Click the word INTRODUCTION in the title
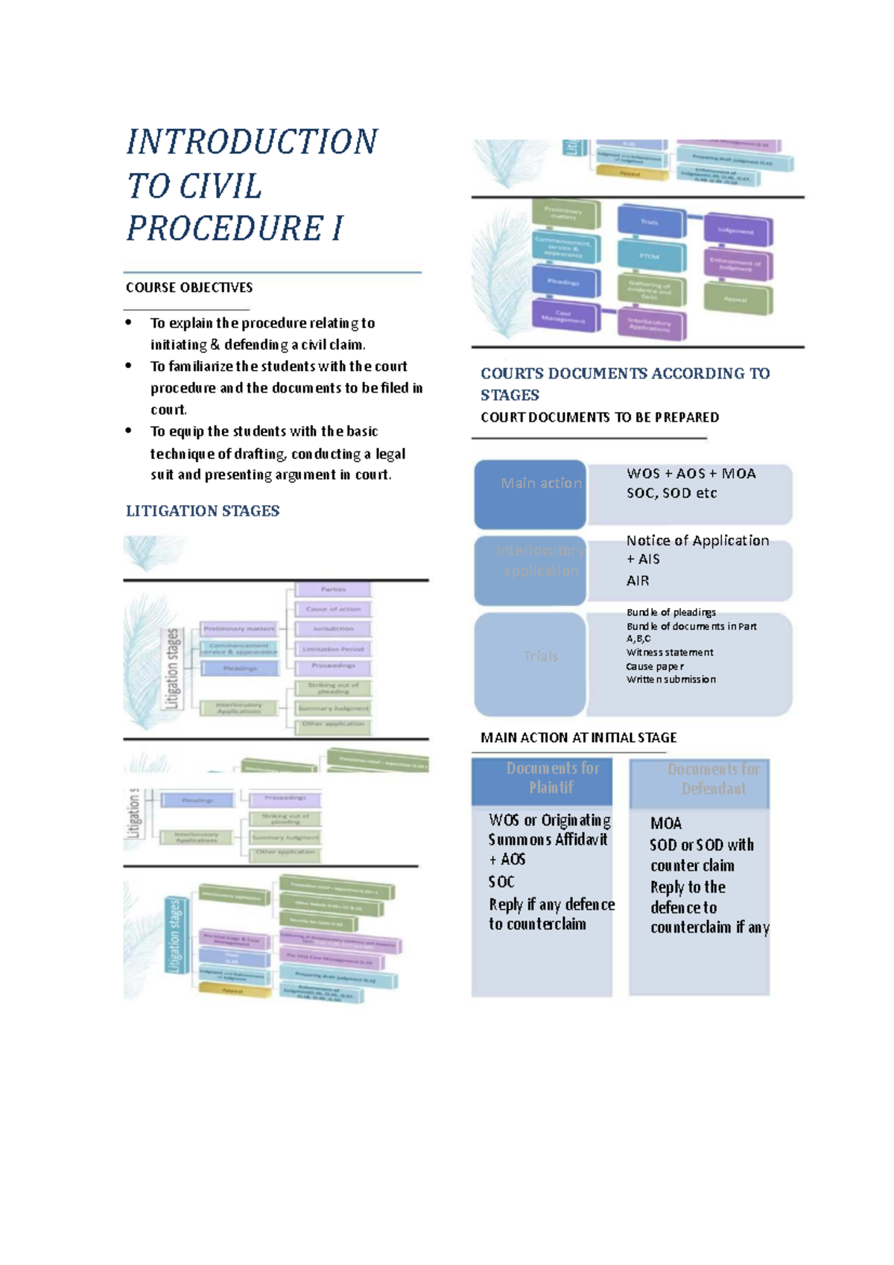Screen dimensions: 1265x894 pyautogui.click(x=252, y=142)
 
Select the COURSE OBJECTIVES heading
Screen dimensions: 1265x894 pyautogui.click(x=189, y=288)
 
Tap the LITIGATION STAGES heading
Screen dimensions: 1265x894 pyautogui.click(x=203, y=511)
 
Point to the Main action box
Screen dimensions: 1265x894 pyautogui.click(x=530, y=493)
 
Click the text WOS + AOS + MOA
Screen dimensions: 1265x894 pyautogui.click(x=691, y=474)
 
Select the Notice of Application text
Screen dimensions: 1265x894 pyautogui.click(x=697, y=541)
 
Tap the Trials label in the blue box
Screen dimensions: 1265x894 pyautogui.click(x=541, y=656)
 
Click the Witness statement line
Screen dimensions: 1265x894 pyautogui.click(x=670, y=653)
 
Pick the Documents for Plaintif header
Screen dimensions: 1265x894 pyautogui.click(x=552, y=778)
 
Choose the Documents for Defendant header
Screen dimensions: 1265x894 pyautogui.click(x=713, y=779)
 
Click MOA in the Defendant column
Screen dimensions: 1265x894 pyautogui.click(x=666, y=824)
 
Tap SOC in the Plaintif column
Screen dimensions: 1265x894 pyautogui.click(x=501, y=882)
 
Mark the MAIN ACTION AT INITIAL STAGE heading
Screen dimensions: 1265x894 pyautogui.click(x=578, y=738)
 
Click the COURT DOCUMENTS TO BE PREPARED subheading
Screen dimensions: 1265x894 pyautogui.click(x=600, y=418)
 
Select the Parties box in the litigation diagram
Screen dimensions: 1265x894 pyautogui.click(x=333, y=589)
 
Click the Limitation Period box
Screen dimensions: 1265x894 pyautogui.click(x=333, y=649)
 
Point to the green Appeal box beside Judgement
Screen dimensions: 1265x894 pyautogui.click(x=737, y=299)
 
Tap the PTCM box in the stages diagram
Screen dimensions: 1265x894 pyautogui.click(x=650, y=256)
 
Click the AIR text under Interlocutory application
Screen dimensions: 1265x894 pyautogui.click(x=638, y=581)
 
